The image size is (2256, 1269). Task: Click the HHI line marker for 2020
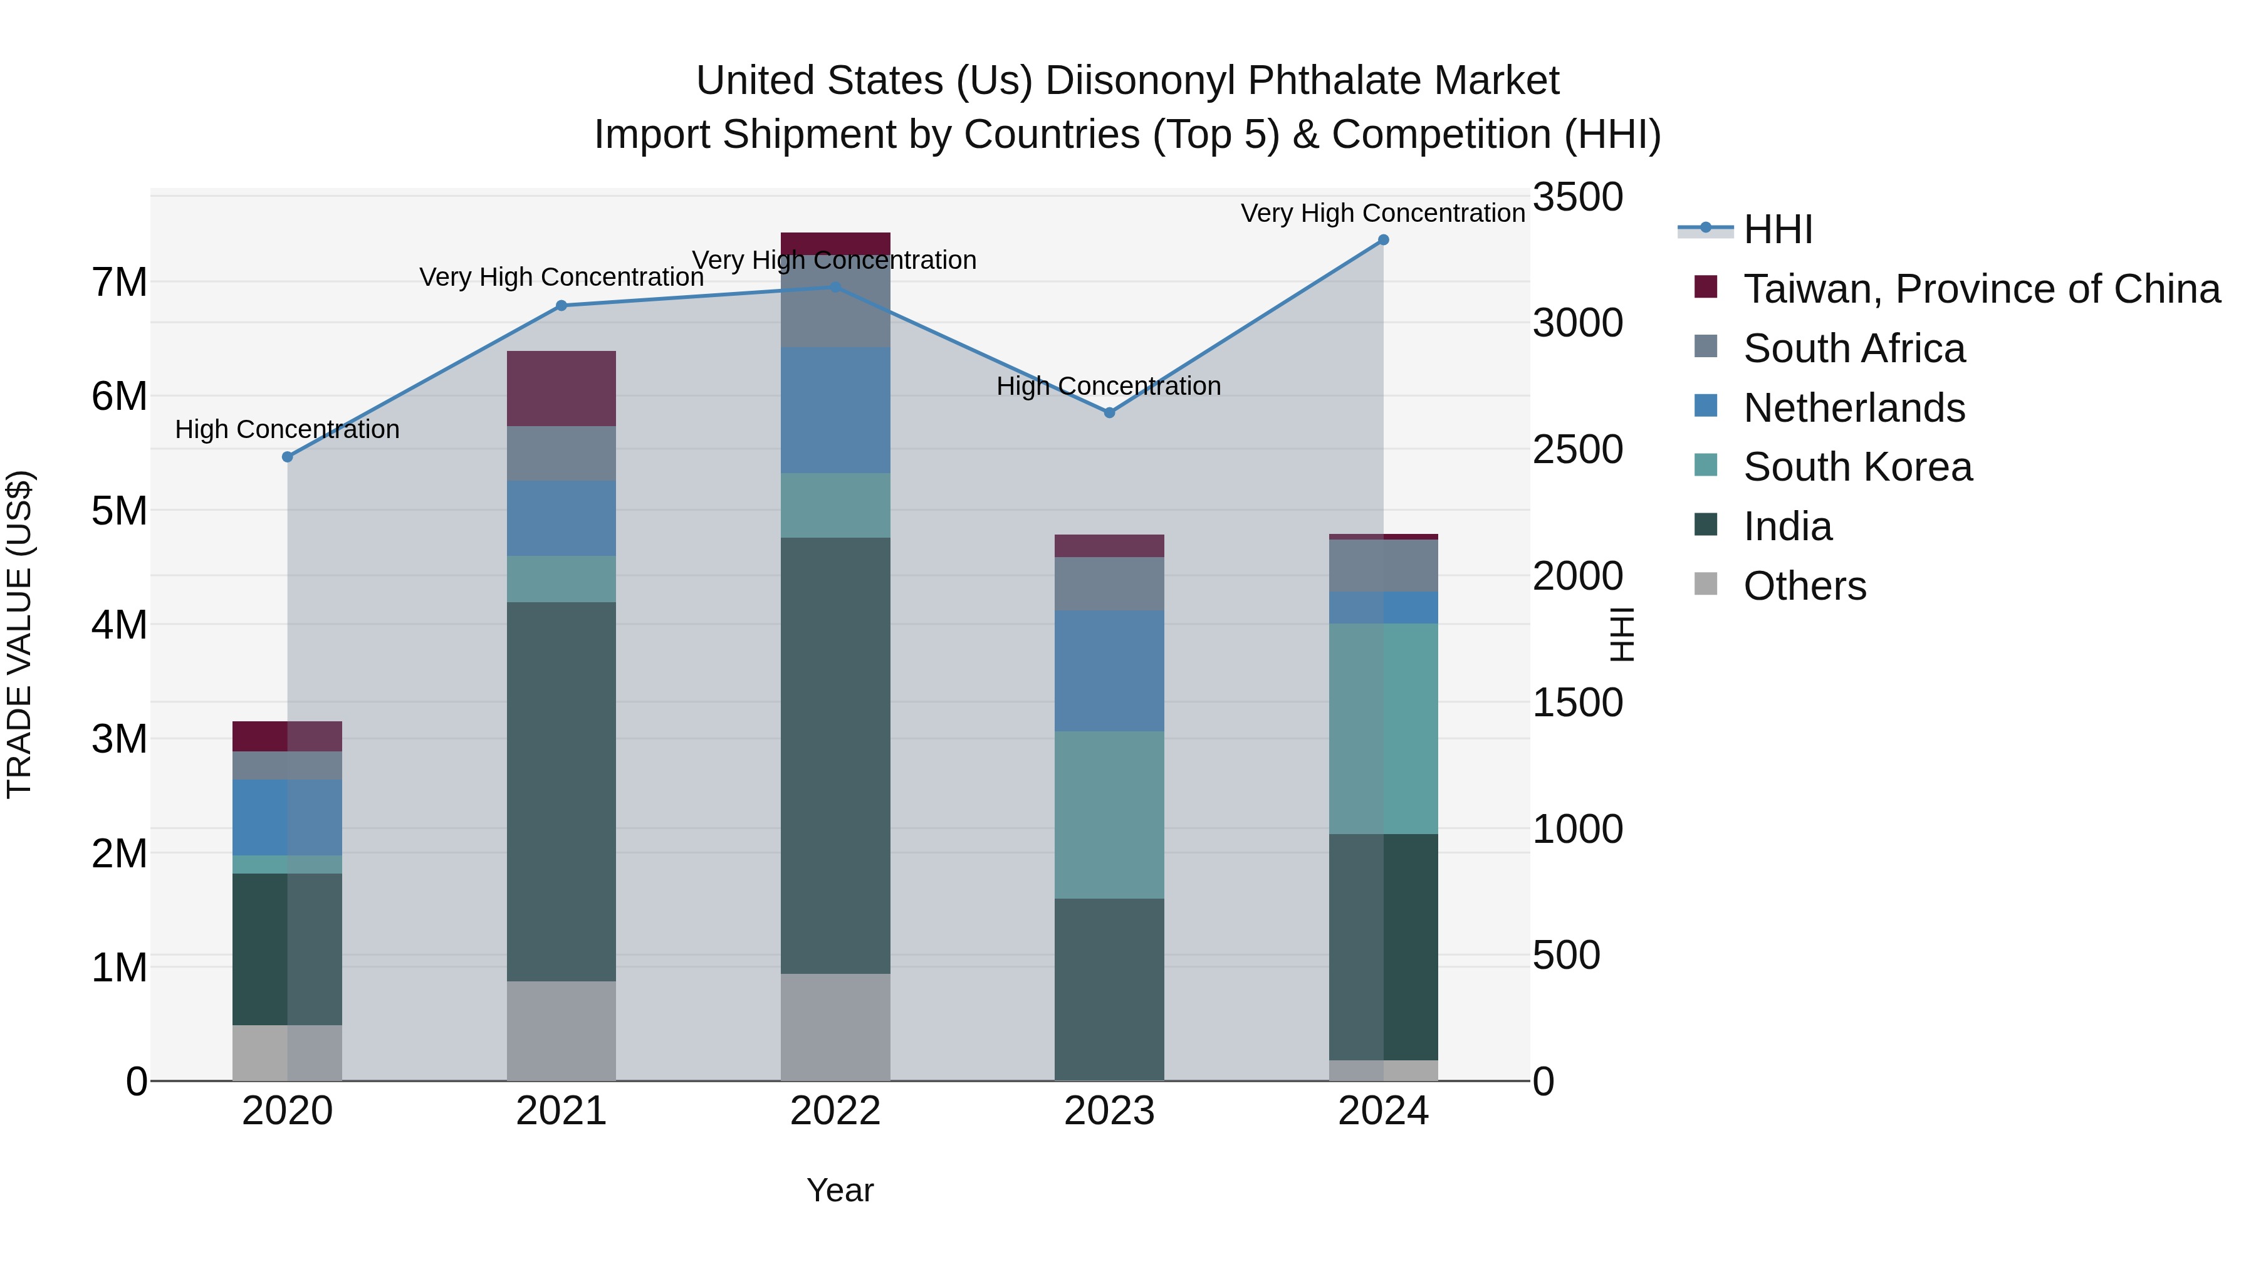[287, 456]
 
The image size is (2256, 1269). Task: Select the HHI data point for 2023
[1109, 412]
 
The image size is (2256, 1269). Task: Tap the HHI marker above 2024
[1383, 240]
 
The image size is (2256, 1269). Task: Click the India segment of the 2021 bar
[561, 791]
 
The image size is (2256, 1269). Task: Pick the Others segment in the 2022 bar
[835, 1026]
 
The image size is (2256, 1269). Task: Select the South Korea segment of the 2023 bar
[1109, 815]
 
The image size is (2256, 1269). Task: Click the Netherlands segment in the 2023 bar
[1109, 671]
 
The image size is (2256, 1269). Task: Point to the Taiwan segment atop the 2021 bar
[561, 389]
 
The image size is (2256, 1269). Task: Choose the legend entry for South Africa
[1854, 348]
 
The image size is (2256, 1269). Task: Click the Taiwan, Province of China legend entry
[1981, 289]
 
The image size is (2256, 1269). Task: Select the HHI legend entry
[1777, 229]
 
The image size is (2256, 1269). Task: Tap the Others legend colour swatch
[1705, 584]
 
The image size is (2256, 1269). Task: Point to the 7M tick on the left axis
[119, 282]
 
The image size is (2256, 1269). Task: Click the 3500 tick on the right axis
[1577, 197]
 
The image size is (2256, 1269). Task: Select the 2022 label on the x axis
[835, 1111]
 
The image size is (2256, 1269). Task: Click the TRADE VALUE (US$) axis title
[19, 634]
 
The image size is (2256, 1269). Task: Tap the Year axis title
[839, 1190]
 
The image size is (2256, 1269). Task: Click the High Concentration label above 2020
[287, 429]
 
